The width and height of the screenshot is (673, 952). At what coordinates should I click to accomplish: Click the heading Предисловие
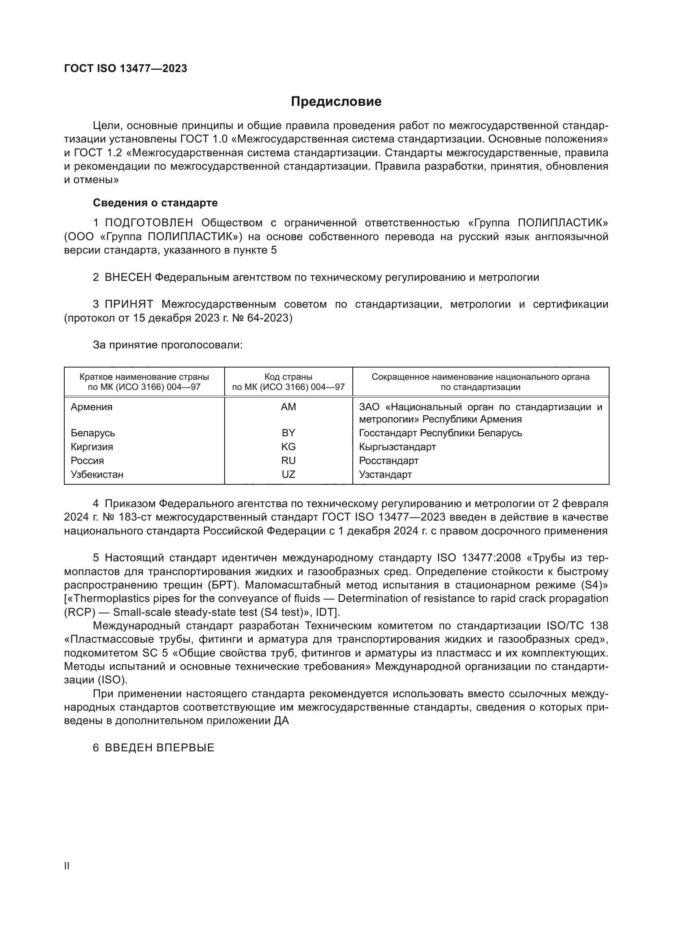(336, 102)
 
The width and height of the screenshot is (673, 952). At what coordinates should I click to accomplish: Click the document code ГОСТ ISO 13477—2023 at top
(126, 68)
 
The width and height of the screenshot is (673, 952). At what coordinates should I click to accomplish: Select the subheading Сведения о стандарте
(155, 203)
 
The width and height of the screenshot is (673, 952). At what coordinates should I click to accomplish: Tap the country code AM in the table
(288, 407)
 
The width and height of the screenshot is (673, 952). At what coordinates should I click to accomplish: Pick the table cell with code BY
(288, 433)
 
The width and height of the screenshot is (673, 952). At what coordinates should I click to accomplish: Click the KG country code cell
(288, 446)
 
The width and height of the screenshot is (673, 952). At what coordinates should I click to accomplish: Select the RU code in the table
(288, 461)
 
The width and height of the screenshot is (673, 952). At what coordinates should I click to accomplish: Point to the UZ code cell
(288, 474)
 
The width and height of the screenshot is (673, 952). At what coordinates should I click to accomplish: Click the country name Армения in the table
(92, 407)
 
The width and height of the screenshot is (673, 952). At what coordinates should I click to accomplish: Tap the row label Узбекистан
(97, 474)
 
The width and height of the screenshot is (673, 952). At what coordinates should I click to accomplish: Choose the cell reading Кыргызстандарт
(397, 446)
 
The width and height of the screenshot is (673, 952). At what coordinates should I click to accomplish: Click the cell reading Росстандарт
(388, 461)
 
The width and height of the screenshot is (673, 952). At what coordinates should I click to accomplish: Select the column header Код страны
(288, 377)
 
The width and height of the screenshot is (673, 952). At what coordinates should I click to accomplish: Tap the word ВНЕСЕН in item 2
(128, 278)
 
